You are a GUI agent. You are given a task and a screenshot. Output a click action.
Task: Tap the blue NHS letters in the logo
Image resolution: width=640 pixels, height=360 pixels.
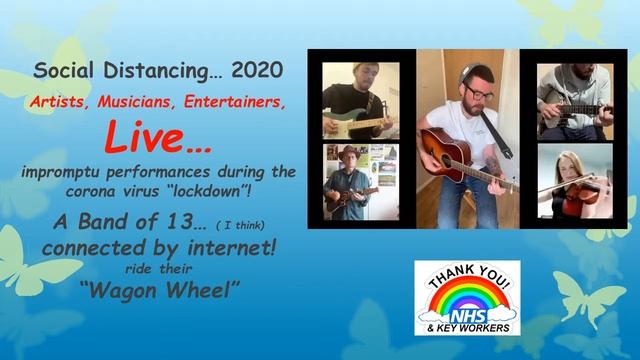tap(467, 315)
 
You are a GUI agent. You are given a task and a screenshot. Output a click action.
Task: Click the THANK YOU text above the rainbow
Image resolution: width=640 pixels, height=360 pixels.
tap(467, 278)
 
